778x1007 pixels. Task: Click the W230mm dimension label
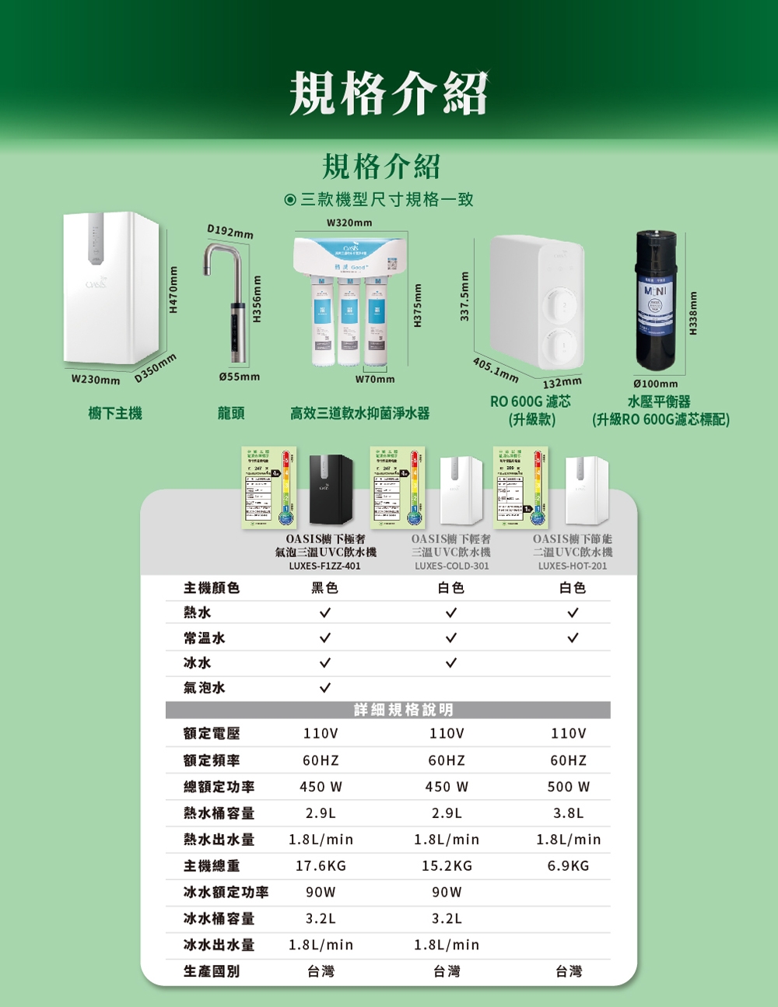[96, 380]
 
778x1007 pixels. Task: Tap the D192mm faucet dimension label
[230, 231]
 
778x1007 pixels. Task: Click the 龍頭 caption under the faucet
[231, 413]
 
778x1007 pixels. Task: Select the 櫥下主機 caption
[115, 413]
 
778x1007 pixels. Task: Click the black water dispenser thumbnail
[331, 490]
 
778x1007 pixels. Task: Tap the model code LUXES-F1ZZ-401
[325, 566]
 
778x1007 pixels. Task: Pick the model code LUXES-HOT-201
[573, 566]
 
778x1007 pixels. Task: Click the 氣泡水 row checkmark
[324, 688]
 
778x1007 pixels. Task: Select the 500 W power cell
[569, 787]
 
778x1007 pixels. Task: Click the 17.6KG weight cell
[321, 865]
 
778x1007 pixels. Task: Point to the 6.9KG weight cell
[569, 865]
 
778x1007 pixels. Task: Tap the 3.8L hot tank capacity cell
[569, 813]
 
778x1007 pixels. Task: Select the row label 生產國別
[212, 971]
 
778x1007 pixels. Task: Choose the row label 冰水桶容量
[219, 918]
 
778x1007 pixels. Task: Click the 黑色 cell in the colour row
[324, 588]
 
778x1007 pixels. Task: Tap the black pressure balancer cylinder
[655, 300]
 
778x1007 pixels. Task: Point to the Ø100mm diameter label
[656, 384]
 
